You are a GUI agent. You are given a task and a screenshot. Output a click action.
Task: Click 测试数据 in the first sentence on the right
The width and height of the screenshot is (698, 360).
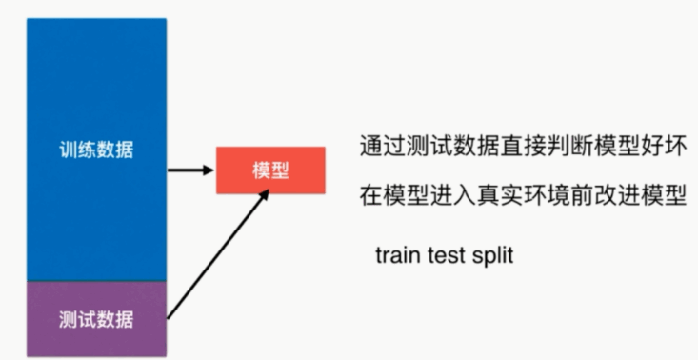tap(442, 149)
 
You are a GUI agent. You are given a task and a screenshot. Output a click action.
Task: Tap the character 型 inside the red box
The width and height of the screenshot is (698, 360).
tap(281, 170)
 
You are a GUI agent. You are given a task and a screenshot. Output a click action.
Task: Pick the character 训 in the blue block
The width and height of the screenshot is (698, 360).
tap(68, 150)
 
